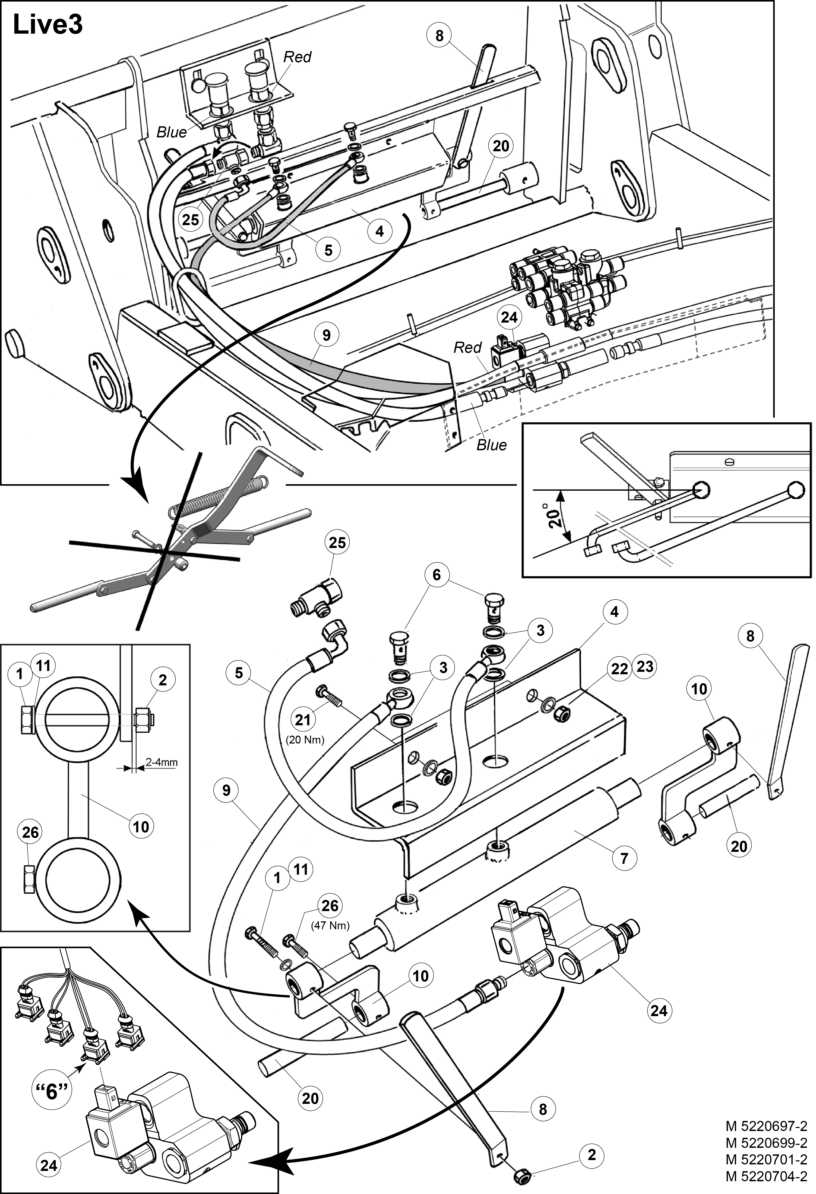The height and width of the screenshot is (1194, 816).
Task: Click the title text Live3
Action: tap(47, 25)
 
